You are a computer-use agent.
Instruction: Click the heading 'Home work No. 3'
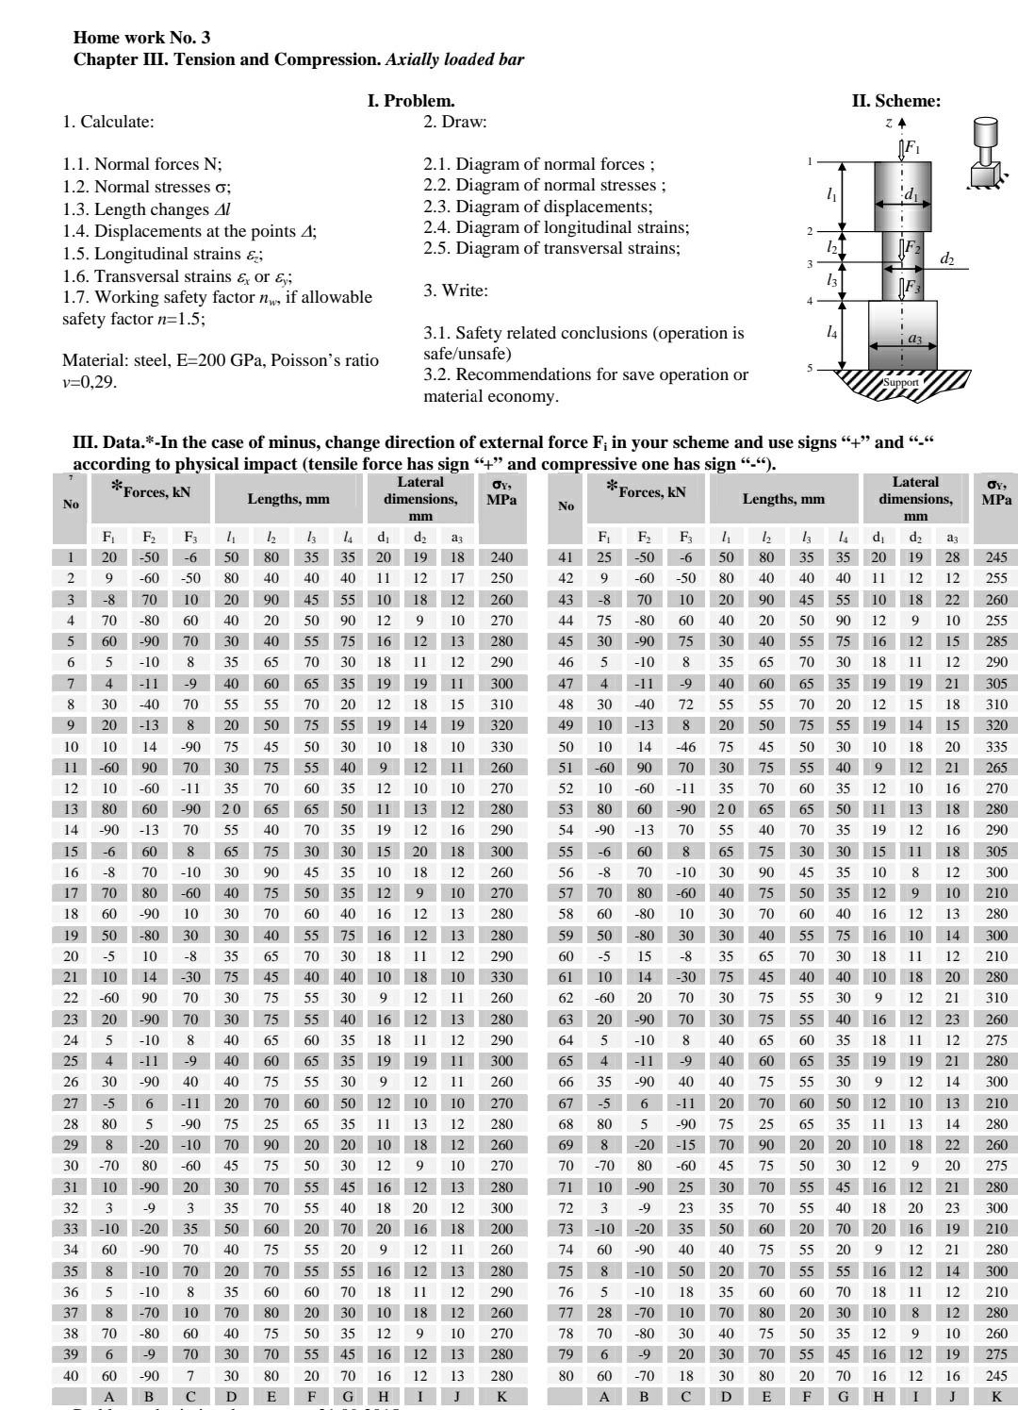141,38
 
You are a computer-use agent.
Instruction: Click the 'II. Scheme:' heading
895,101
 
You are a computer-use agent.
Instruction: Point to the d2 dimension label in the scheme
946,257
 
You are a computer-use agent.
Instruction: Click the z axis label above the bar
888,122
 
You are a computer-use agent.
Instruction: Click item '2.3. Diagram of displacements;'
537,206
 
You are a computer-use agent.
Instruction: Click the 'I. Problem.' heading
411,101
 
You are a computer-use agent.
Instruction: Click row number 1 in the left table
71,557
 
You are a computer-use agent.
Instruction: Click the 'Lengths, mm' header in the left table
286,499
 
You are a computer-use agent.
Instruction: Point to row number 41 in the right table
566,557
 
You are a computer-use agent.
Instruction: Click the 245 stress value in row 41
995,557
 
